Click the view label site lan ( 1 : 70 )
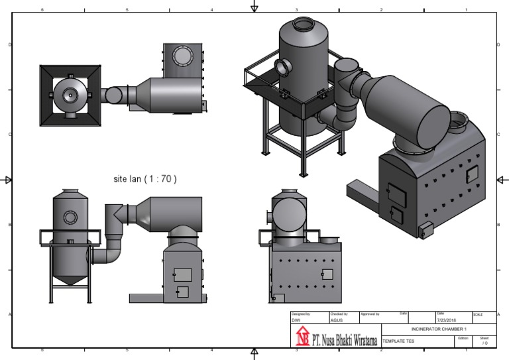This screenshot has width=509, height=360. pos(145,179)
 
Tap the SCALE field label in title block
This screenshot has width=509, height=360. pos(479,314)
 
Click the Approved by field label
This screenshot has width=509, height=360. pos(369,314)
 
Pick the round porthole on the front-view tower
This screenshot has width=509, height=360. pos(70,217)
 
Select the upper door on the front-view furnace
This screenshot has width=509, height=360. pos(182,274)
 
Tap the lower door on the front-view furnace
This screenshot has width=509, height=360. pos(182,291)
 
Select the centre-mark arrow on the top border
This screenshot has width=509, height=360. pos(254,7)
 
